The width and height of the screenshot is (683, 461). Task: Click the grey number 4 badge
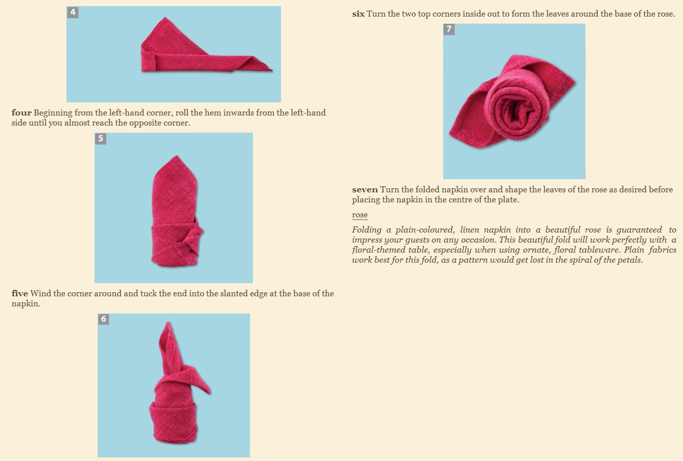pyautogui.click(x=72, y=13)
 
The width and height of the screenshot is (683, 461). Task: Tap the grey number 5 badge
pyautogui.click(x=101, y=139)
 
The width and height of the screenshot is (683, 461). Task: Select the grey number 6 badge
pyautogui.click(x=104, y=319)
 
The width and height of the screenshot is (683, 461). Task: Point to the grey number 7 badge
pyautogui.click(x=449, y=29)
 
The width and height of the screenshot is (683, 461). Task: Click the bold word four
pyautogui.click(x=21, y=112)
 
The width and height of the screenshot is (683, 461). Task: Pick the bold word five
pyautogui.click(x=20, y=294)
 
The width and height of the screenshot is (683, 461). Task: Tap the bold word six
pyautogui.click(x=358, y=14)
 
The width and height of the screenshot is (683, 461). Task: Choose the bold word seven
pyautogui.click(x=365, y=190)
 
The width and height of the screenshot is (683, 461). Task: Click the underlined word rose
pyautogui.click(x=360, y=215)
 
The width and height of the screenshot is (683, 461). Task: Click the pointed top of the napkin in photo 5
pyautogui.click(x=176, y=156)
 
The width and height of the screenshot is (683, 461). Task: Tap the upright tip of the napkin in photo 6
pyautogui.click(x=167, y=323)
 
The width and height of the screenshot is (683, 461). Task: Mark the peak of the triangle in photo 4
pyautogui.click(x=165, y=18)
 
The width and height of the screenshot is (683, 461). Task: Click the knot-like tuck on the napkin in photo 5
pyautogui.click(x=195, y=233)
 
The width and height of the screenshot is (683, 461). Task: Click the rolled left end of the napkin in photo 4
pyautogui.click(x=148, y=62)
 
